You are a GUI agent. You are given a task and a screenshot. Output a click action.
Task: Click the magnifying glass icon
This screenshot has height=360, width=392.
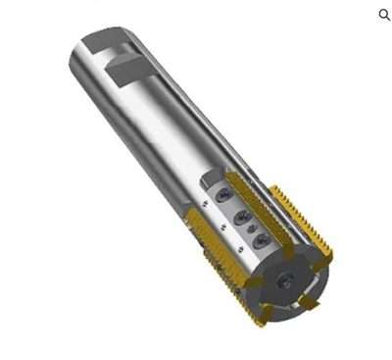click(x=384, y=15)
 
